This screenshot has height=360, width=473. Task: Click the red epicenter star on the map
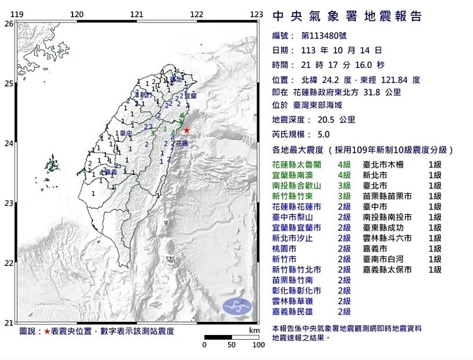pyautogui.click(x=186, y=131)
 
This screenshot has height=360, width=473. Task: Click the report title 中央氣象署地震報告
pyautogui.click(x=347, y=16)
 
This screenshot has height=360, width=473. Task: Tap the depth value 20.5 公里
pyautogui.click(x=328, y=120)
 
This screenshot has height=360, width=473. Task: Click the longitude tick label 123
pyautogui.click(x=257, y=15)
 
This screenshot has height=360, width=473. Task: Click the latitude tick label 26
pyautogui.click(x=8, y=24)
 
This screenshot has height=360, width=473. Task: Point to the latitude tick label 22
pyautogui.click(x=8, y=263)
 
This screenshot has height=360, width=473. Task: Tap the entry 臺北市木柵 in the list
pyautogui.click(x=387, y=164)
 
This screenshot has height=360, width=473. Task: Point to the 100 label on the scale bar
pyautogui.click(x=258, y=345)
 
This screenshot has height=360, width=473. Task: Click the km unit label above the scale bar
pyautogui.click(x=254, y=330)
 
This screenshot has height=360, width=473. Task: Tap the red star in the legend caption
pyautogui.click(x=47, y=332)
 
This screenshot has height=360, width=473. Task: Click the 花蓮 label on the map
pyautogui.click(x=182, y=142)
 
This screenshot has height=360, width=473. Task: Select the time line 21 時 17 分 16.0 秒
pyautogui.click(x=342, y=64)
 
